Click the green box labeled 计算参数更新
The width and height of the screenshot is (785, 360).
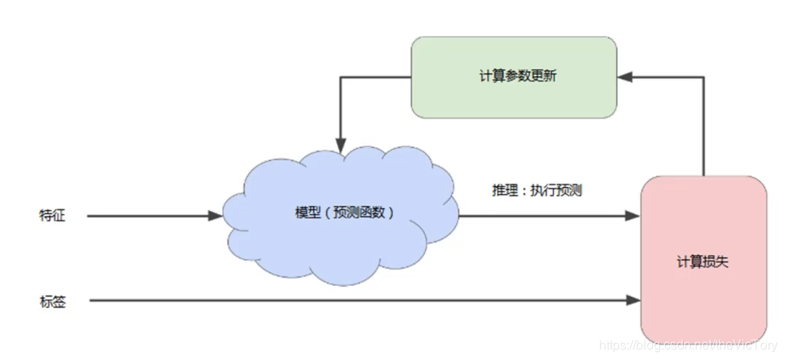point(514,97)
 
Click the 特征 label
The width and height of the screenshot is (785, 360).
point(52,215)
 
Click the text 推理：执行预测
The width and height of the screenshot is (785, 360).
point(536,192)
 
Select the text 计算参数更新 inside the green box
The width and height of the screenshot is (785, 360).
point(514,77)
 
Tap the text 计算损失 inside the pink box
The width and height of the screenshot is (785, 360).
point(703,263)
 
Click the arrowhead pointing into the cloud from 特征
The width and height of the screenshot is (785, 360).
point(215,216)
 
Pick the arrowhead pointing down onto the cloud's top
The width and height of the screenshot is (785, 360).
point(341,149)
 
